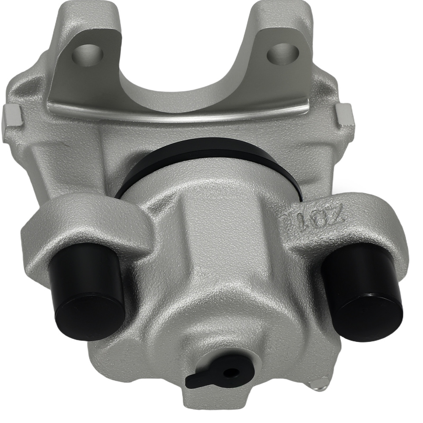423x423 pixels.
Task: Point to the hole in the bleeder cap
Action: tap(231, 373)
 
